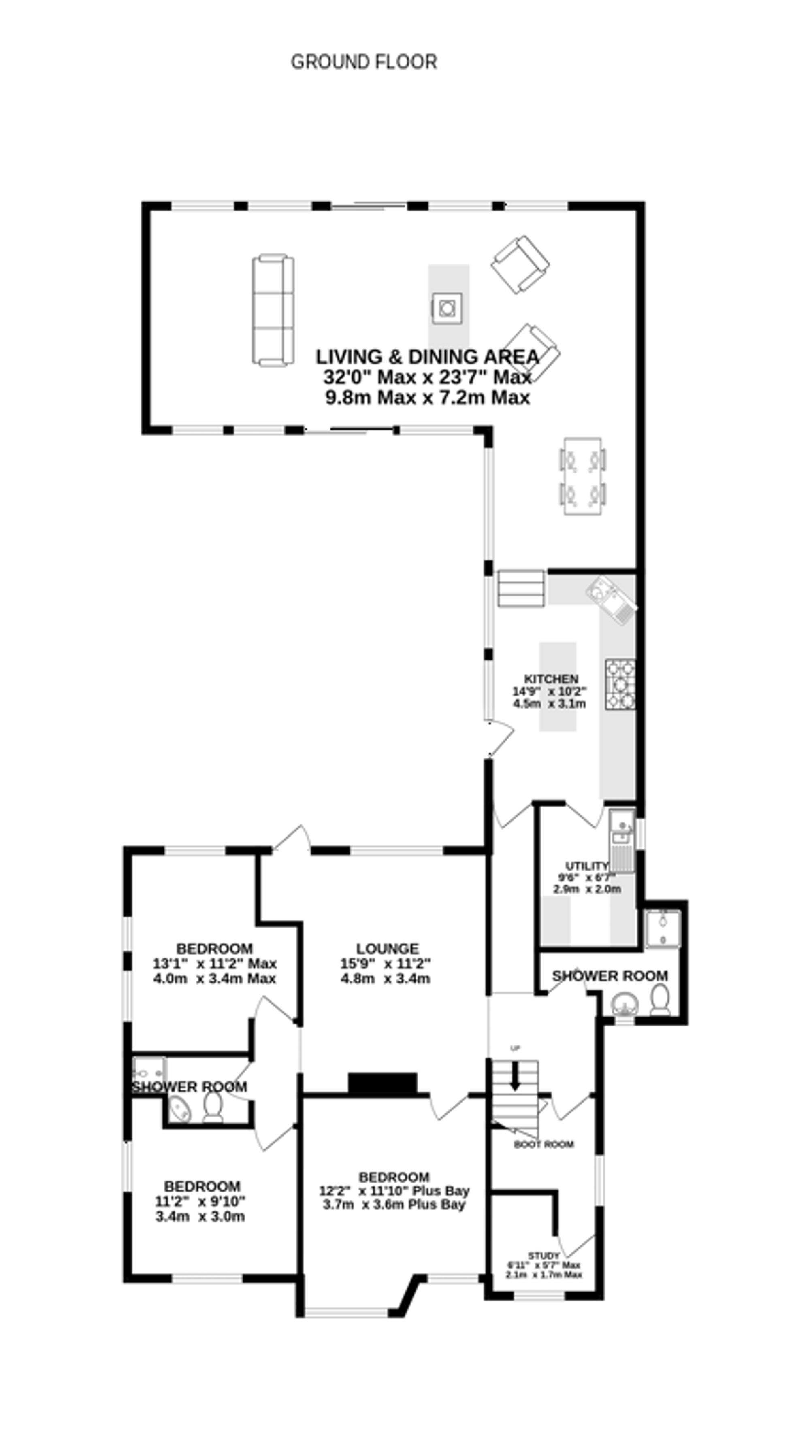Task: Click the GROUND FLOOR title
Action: [x=364, y=62]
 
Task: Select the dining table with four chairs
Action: [x=583, y=476]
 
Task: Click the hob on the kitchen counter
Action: [x=620, y=684]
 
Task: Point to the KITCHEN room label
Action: [x=550, y=679]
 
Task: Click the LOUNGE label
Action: [x=387, y=949]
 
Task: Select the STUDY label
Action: [x=543, y=1256]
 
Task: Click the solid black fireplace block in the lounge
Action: [x=383, y=1083]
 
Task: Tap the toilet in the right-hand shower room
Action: [x=660, y=1000]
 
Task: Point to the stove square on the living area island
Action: [x=446, y=308]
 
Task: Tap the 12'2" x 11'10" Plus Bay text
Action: [x=394, y=1190]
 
